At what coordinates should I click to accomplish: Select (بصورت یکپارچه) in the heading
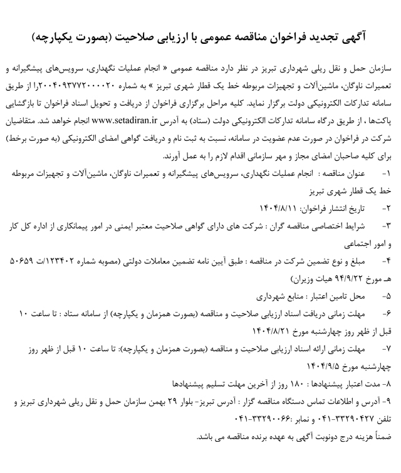click(79, 39)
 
